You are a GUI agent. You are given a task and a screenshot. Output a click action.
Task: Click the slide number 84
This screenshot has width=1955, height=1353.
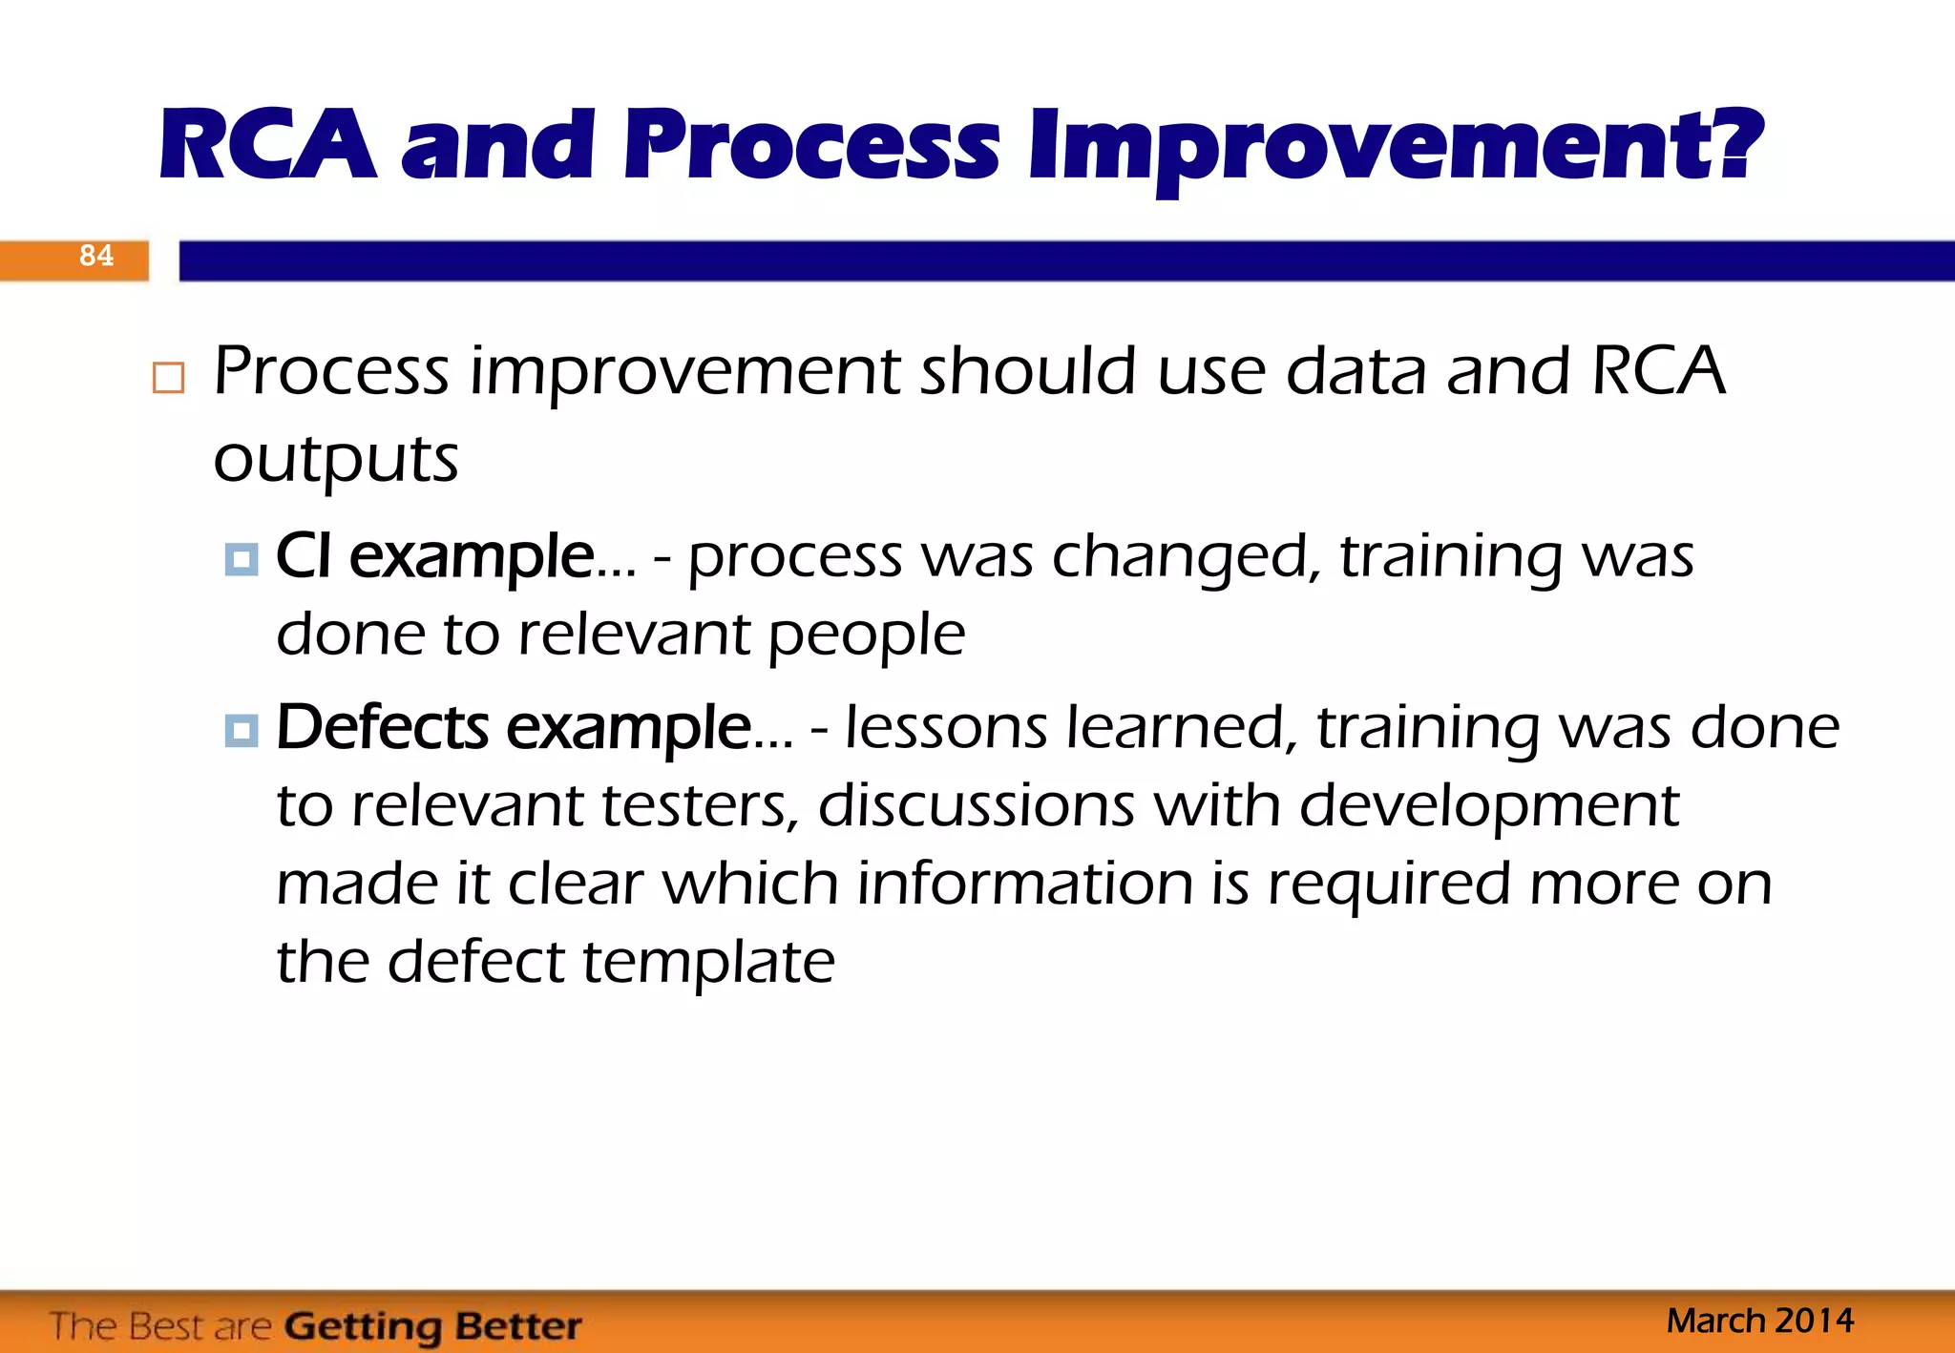point(95,256)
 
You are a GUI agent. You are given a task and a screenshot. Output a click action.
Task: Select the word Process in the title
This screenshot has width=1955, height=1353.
point(810,145)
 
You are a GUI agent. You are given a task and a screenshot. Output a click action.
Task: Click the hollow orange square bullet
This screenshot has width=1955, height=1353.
point(168,378)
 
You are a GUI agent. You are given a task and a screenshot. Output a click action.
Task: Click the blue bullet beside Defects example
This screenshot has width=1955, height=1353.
point(242,731)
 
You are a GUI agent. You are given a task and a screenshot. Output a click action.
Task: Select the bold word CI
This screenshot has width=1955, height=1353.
point(303,556)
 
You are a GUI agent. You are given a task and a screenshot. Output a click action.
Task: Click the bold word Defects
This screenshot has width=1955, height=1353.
point(382,728)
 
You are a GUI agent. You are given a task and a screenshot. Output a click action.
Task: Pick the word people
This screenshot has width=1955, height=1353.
point(866,635)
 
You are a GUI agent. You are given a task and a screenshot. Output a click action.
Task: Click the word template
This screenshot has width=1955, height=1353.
point(708,962)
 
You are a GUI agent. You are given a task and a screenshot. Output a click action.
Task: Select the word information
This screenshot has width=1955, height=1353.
point(1024,884)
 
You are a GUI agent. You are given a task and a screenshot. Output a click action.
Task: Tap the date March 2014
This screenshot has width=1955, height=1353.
point(1759,1321)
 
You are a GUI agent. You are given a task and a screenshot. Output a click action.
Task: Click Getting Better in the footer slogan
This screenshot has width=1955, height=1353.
point(432,1326)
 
